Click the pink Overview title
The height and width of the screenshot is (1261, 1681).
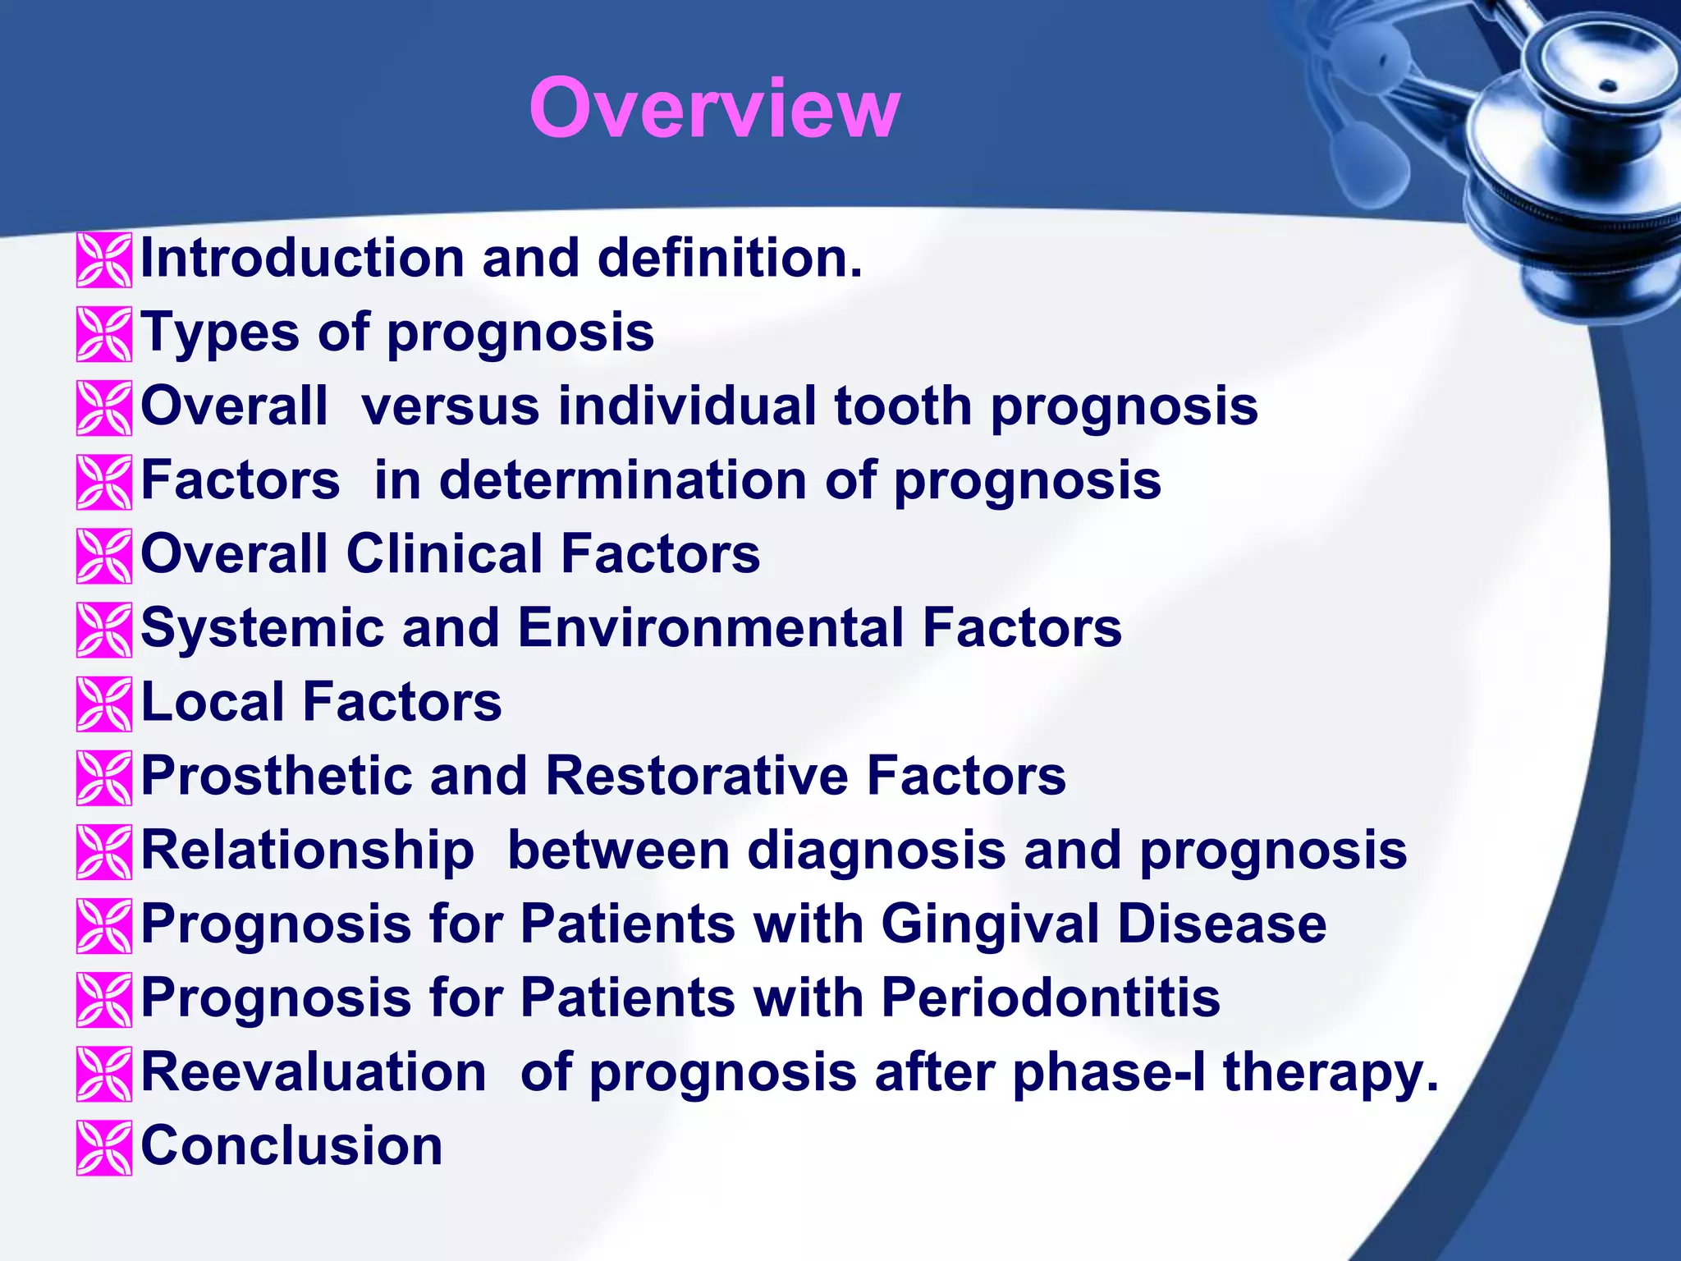714,108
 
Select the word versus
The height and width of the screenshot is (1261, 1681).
451,406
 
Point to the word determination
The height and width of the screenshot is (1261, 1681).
623,480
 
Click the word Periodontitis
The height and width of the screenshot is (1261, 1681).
1051,997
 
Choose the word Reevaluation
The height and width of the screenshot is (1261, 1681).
314,1072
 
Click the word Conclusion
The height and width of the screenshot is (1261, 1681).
291,1146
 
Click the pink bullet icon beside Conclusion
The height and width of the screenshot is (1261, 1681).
104,1148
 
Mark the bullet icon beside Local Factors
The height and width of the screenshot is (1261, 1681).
104,704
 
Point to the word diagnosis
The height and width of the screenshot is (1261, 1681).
876,850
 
